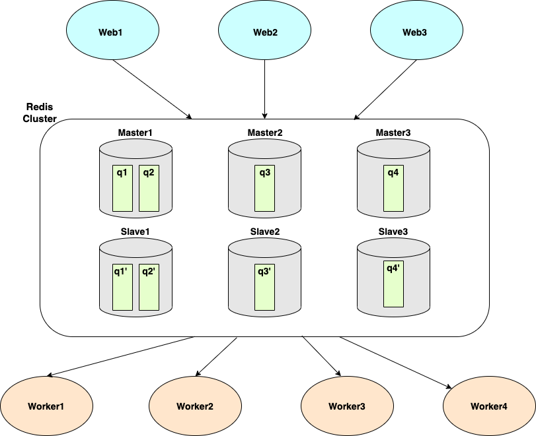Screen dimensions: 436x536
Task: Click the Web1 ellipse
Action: tap(113, 32)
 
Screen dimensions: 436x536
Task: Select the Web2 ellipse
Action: tap(265, 32)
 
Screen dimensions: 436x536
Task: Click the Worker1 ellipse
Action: tap(46, 406)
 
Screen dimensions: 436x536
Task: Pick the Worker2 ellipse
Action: tap(195, 406)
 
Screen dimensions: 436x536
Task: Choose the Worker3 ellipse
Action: tap(347, 406)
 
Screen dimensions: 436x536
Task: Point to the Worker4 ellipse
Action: tap(489, 406)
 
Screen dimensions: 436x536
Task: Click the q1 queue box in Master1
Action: tap(122, 188)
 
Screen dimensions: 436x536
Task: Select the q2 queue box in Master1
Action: tap(149, 188)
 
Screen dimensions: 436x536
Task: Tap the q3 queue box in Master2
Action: tap(265, 188)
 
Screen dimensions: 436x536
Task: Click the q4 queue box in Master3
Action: tap(394, 188)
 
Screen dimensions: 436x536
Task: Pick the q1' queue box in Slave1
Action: tap(122, 287)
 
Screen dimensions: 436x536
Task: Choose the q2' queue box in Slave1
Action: tap(149, 287)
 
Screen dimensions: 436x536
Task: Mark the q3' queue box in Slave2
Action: tap(265, 287)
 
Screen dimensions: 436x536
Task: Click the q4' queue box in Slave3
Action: tap(394, 284)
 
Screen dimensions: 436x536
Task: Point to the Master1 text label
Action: tap(135, 133)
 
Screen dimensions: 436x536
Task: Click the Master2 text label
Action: tap(265, 133)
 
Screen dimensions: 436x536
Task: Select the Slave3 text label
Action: tap(394, 231)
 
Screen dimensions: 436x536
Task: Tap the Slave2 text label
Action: tap(265, 232)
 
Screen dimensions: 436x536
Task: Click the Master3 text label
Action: tap(393, 133)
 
